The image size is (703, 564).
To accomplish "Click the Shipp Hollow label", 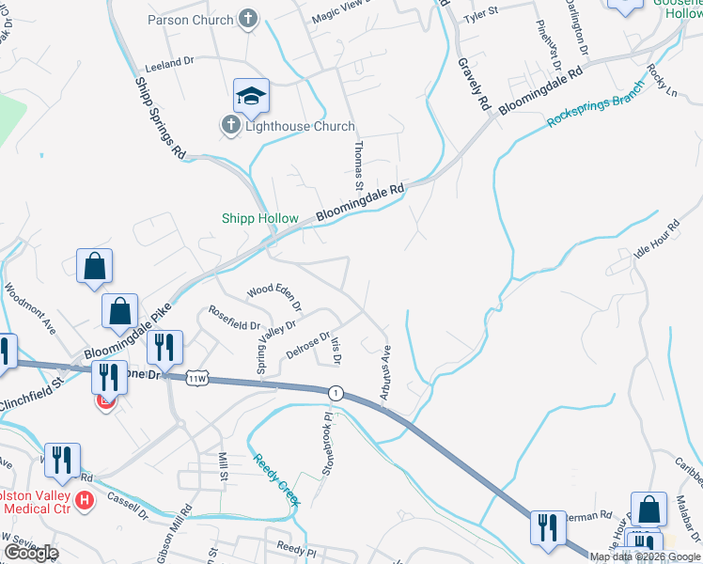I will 260,218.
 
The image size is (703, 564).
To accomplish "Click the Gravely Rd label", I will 474,82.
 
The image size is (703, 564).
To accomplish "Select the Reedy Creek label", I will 276,479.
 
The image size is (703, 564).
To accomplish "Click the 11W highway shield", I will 196,378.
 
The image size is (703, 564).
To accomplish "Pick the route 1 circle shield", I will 335,392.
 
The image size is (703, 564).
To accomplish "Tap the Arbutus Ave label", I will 385,373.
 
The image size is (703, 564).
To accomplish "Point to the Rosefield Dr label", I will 234,319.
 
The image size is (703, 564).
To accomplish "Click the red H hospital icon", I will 85,499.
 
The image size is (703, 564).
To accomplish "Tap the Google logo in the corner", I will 31,552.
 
